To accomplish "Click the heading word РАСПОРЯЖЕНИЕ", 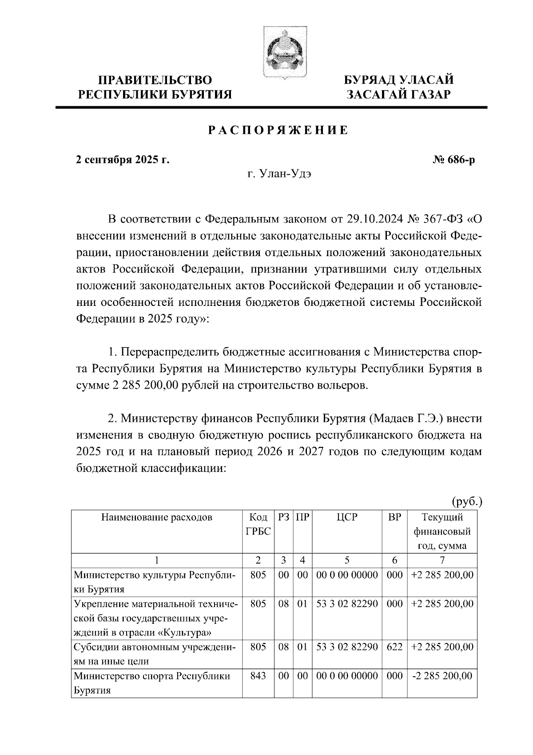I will tap(278, 131).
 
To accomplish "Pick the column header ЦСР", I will tap(347, 517).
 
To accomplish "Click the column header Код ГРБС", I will tap(258, 524).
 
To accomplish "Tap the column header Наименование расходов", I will tap(157, 517).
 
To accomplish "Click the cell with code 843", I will tap(258, 676).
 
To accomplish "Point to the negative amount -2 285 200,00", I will tap(442, 676).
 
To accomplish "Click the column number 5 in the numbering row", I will tap(347, 560).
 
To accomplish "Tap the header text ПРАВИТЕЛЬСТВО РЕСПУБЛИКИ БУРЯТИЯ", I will tap(155, 87).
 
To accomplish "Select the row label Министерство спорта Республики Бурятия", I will tap(152, 683).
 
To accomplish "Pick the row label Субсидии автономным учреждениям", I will tap(155, 654).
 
